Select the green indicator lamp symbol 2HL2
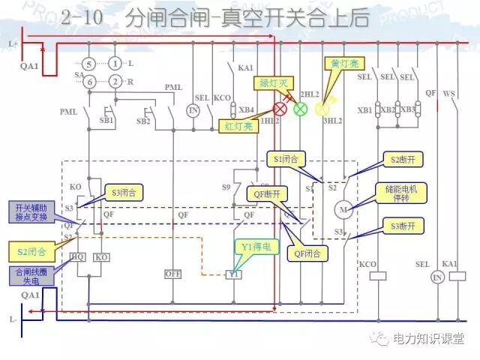pyautogui.click(x=300, y=108)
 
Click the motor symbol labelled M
pyautogui.click(x=343, y=208)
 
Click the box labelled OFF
pyautogui.click(x=173, y=274)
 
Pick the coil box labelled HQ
pyautogui.click(x=78, y=256)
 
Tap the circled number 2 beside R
pyautogui.click(x=115, y=81)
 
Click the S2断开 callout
pyautogui.click(x=405, y=159)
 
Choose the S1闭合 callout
pyautogui.click(x=286, y=159)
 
